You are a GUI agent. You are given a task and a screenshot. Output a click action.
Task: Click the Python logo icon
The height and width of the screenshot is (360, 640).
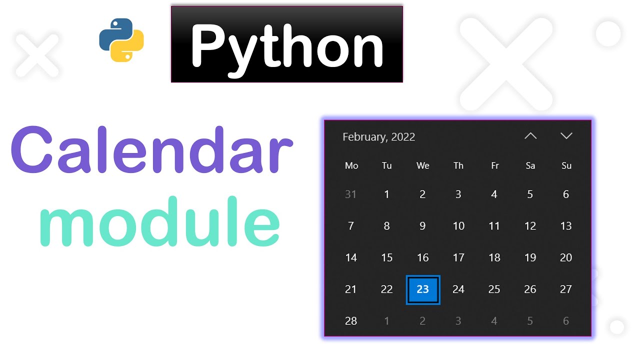click(x=121, y=40)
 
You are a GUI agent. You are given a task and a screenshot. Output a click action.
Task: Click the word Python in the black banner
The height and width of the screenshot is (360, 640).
click(x=286, y=45)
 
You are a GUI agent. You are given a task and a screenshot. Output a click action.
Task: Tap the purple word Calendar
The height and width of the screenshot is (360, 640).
click(x=151, y=150)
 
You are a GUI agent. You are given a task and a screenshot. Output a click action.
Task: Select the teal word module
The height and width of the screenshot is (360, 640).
click(x=159, y=223)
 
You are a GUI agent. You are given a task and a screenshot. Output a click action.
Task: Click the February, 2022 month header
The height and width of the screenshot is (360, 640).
click(x=378, y=137)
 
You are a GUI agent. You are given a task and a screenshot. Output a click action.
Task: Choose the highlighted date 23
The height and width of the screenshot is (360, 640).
click(x=423, y=289)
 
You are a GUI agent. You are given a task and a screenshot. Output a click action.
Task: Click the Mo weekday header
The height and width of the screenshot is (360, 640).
click(x=351, y=165)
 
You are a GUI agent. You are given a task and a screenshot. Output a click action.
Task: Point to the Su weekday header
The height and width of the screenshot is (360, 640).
click(x=566, y=165)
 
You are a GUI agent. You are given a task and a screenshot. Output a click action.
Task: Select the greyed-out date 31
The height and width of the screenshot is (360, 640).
click(x=351, y=194)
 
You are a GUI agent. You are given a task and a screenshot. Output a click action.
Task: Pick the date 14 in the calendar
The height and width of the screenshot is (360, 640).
click(x=351, y=258)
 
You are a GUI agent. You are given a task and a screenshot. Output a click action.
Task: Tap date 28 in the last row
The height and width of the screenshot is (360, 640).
click(x=351, y=321)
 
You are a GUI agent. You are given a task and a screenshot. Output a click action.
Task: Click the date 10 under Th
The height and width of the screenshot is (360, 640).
click(x=458, y=226)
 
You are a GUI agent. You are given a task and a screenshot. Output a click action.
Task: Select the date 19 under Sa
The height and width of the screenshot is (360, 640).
click(x=530, y=258)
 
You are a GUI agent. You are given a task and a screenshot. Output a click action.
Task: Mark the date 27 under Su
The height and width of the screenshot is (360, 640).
click(x=566, y=289)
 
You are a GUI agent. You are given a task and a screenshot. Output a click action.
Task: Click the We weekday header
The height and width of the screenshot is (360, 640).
click(x=423, y=165)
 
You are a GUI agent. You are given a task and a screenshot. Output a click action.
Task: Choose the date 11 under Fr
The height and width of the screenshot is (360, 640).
click(x=494, y=226)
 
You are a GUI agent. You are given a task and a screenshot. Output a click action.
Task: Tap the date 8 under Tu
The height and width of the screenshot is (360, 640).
click(x=386, y=226)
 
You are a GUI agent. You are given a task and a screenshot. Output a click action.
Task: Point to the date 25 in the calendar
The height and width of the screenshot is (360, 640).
click(x=494, y=289)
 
